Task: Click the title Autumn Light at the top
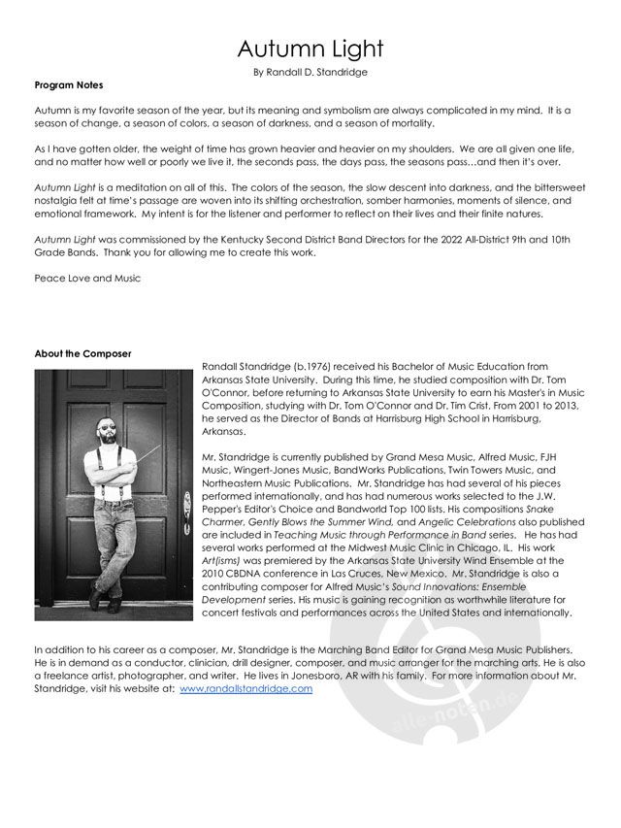310,49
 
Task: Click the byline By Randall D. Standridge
310,72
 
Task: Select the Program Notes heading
69,85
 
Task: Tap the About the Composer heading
82,352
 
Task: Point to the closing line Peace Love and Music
87,279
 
